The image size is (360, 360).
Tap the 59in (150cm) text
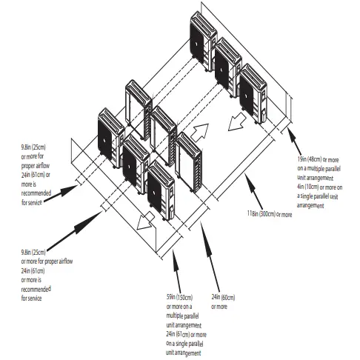pos(180,298)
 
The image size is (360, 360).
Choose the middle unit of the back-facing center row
pos(164,127)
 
